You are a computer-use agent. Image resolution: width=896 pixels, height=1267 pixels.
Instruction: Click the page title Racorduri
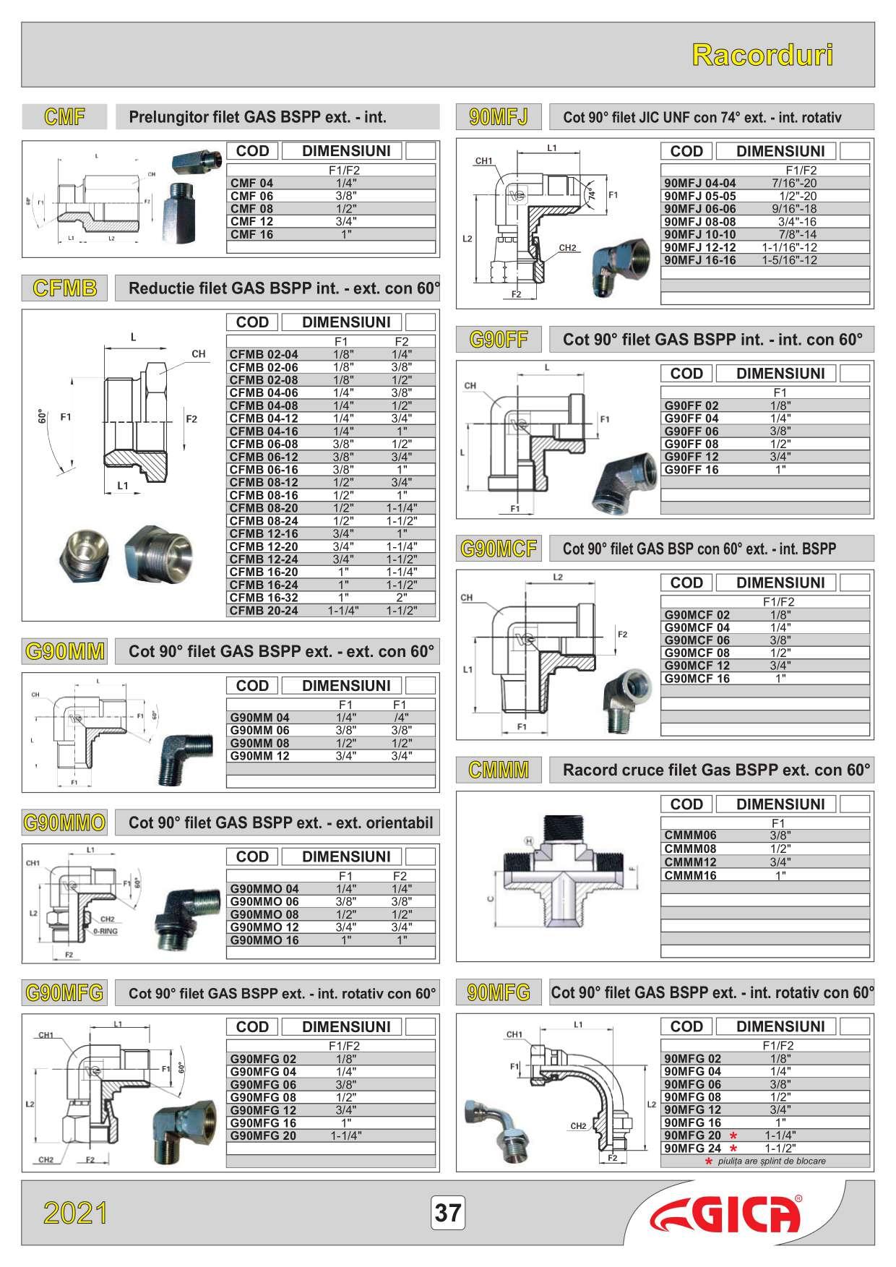[762, 55]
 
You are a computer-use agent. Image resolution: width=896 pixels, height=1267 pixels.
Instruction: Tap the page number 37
[448, 1212]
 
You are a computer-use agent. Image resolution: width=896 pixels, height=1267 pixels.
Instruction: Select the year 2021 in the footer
[76, 1213]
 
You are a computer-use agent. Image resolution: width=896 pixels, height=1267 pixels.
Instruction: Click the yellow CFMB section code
[65, 288]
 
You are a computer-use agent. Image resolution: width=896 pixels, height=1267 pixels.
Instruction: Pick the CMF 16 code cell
[252, 234]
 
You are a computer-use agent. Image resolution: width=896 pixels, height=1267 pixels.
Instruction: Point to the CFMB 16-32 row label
[264, 598]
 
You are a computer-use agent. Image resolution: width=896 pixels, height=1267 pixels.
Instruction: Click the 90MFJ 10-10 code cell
[700, 234]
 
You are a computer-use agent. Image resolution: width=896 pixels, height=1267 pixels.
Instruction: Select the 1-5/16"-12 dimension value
[789, 260]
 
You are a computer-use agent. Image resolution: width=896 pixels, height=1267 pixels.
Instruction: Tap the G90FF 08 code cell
[692, 444]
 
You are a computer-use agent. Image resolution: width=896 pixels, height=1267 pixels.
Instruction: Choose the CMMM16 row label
[691, 875]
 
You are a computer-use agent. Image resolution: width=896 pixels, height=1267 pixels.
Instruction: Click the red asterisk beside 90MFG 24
[734, 1148]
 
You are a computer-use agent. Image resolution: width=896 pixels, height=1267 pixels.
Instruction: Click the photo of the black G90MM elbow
[185, 758]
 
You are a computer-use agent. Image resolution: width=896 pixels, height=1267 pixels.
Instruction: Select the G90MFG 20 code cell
[263, 1135]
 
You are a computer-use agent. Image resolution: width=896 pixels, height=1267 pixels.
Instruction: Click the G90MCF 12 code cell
[697, 666]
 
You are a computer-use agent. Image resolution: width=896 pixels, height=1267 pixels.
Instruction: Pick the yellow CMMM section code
[499, 770]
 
